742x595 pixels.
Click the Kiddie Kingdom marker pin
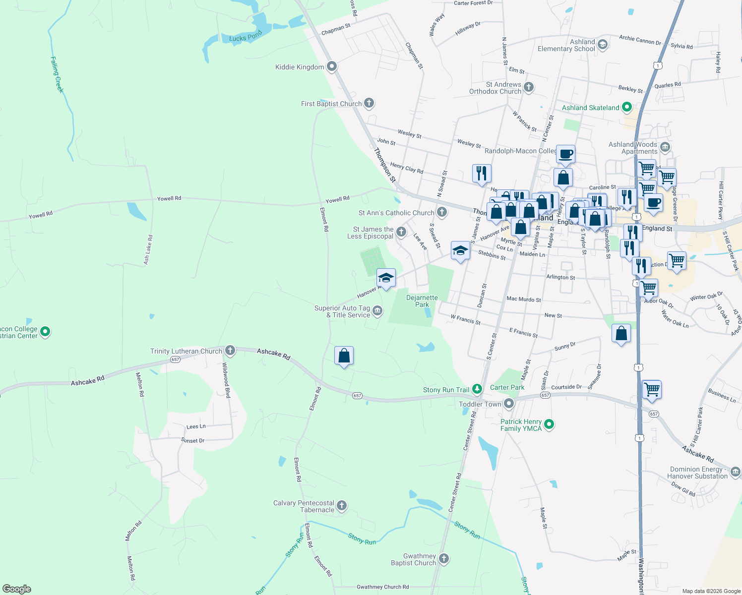coord(332,66)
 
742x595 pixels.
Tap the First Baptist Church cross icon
coord(369,103)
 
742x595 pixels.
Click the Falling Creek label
coord(57,74)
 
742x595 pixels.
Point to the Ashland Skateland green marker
coord(627,107)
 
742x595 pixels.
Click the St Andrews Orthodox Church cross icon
coord(529,88)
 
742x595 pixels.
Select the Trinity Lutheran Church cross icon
coord(230,351)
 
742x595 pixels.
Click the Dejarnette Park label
coord(422,301)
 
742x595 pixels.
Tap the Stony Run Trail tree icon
coord(477,389)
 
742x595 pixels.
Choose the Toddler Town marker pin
coord(509,404)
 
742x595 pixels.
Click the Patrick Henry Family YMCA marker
coord(549,424)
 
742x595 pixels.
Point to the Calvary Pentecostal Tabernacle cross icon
coord(341,506)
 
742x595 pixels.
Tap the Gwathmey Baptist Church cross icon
coord(443,559)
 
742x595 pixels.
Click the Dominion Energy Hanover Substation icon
coord(736,472)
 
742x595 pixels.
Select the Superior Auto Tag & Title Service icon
coord(377,311)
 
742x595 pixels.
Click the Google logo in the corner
coord(17,589)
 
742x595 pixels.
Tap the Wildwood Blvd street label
coord(226,380)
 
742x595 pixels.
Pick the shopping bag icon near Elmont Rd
coord(344,356)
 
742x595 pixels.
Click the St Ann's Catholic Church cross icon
coord(441,212)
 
